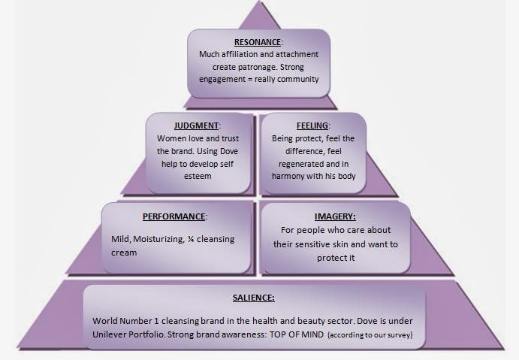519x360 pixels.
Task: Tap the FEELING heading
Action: pyautogui.click(x=312, y=126)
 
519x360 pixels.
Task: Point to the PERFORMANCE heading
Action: pyautogui.click(x=174, y=216)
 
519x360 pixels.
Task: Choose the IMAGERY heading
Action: pyautogui.click(x=335, y=216)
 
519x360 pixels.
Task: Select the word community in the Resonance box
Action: pyautogui.click(x=297, y=79)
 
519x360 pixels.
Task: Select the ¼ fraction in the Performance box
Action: pyautogui.click(x=198, y=239)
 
